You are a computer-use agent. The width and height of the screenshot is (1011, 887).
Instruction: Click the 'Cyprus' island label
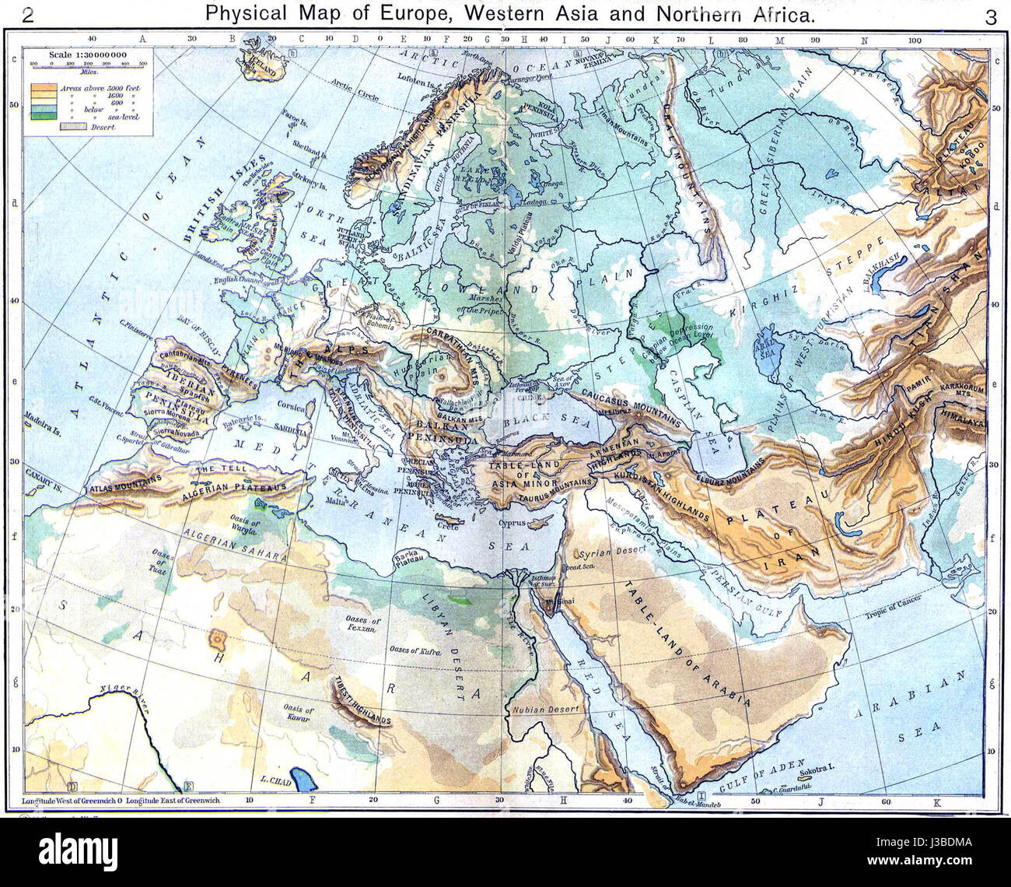coord(513,523)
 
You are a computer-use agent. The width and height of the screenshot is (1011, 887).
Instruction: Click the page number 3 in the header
coord(990,18)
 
